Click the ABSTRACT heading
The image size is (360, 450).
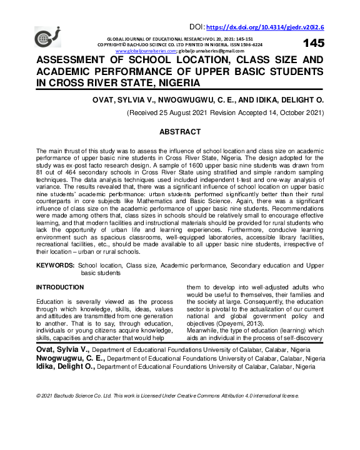click(x=180, y=132)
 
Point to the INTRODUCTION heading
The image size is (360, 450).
click(x=60, y=287)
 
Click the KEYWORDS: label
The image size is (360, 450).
click(x=55, y=266)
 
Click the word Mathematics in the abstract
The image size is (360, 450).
click(x=151, y=202)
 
